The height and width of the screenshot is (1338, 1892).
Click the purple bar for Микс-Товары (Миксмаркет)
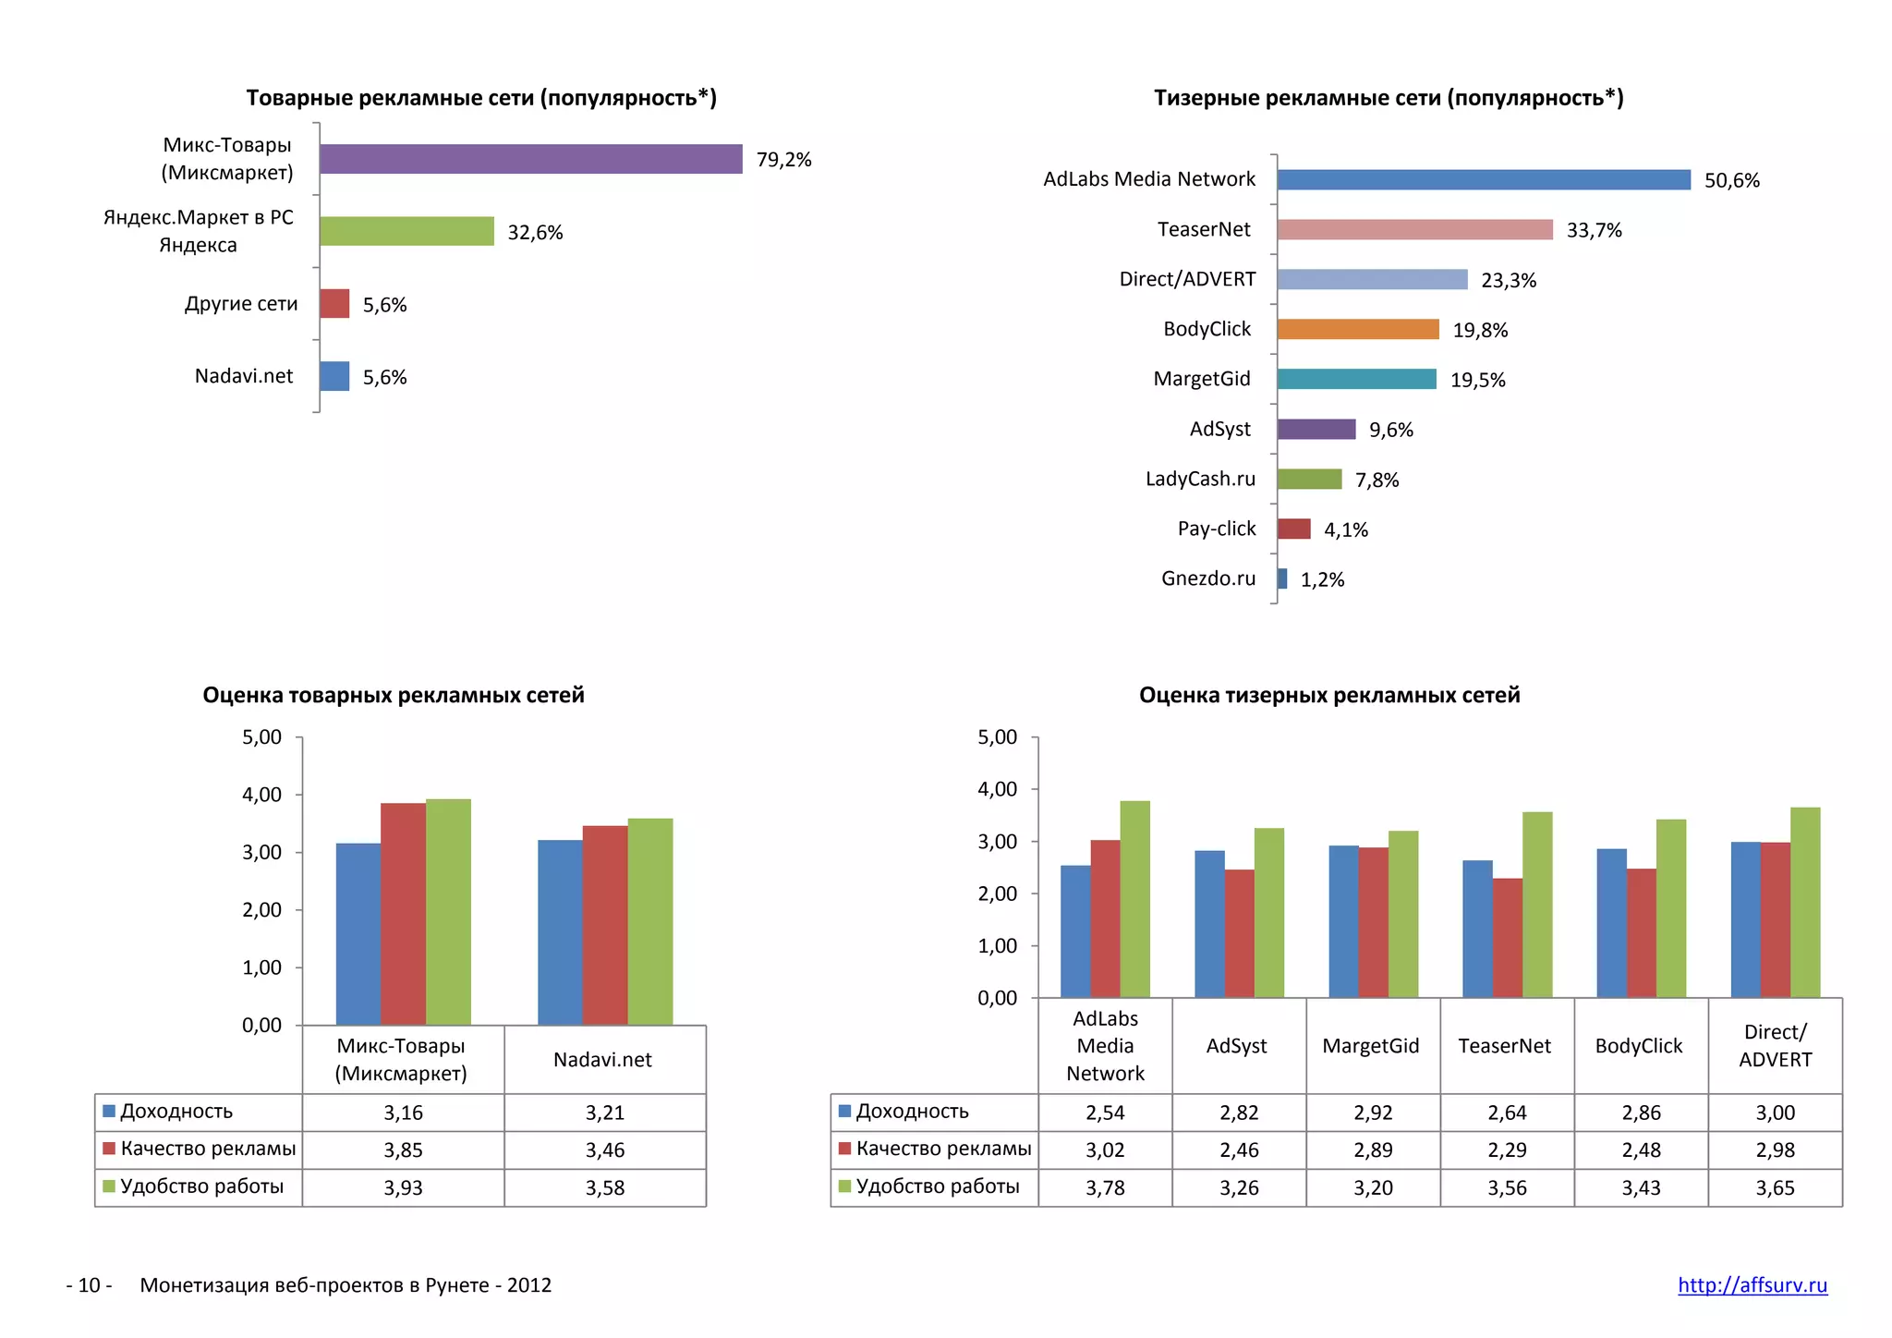[x=530, y=159]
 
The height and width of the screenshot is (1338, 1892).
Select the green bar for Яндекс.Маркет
[x=406, y=231]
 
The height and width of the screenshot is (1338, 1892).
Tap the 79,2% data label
[x=783, y=160]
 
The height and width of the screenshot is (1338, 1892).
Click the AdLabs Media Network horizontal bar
[x=1483, y=180]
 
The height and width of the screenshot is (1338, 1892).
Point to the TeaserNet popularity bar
[x=1414, y=230]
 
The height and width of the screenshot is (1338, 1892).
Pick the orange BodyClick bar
[x=1357, y=330]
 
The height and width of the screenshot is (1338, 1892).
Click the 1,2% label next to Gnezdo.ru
[x=1322, y=579]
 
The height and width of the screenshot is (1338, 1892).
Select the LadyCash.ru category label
[x=1200, y=479]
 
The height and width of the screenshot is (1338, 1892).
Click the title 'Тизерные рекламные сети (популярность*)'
[x=1388, y=98]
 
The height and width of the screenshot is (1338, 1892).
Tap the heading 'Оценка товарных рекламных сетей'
[x=394, y=695]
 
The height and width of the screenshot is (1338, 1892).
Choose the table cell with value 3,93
[x=403, y=1187]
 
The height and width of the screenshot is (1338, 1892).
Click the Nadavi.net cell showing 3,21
[x=604, y=1113]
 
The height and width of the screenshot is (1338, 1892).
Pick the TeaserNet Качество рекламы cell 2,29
[x=1507, y=1150]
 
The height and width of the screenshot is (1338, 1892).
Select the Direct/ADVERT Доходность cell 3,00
[x=1775, y=1113]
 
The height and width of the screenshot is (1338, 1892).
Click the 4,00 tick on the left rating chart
[x=262, y=795]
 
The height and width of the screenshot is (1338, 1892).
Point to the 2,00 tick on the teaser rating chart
[x=997, y=894]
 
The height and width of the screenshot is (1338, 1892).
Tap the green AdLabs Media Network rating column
[x=1134, y=898]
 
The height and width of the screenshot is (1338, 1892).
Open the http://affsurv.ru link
[x=1752, y=1285]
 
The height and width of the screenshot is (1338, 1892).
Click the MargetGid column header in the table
[x=1370, y=1046]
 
